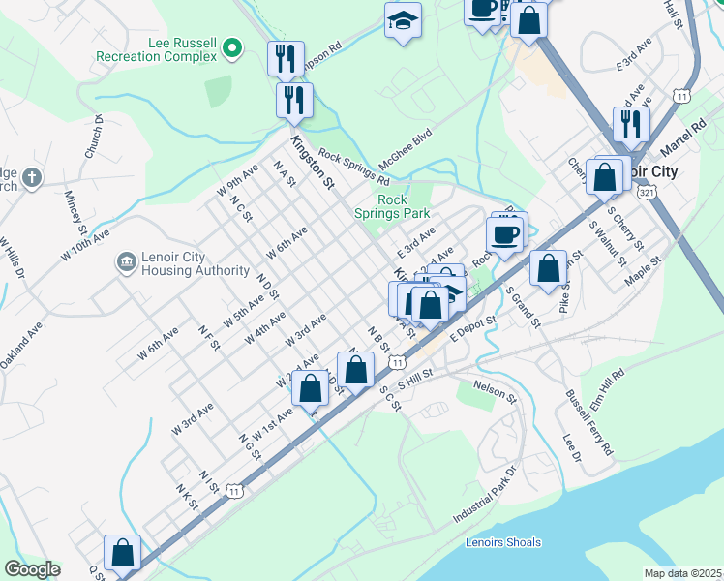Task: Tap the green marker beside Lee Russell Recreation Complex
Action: point(231,46)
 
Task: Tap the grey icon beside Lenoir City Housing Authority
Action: point(126,262)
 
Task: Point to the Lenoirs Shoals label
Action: point(503,542)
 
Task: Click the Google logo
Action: point(32,569)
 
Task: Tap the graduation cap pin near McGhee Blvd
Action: point(402,19)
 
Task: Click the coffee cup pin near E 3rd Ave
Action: point(506,234)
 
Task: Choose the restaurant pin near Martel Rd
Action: point(630,123)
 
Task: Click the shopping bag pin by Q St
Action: point(123,553)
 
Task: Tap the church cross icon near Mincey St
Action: point(31,178)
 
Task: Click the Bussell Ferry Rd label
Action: point(589,424)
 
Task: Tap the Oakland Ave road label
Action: point(21,345)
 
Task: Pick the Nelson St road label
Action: point(495,391)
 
